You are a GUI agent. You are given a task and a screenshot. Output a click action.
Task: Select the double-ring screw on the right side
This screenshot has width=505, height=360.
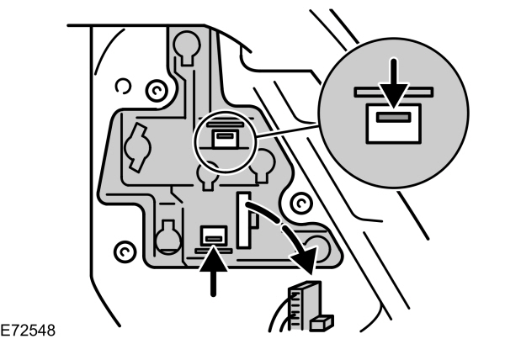[297, 204]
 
